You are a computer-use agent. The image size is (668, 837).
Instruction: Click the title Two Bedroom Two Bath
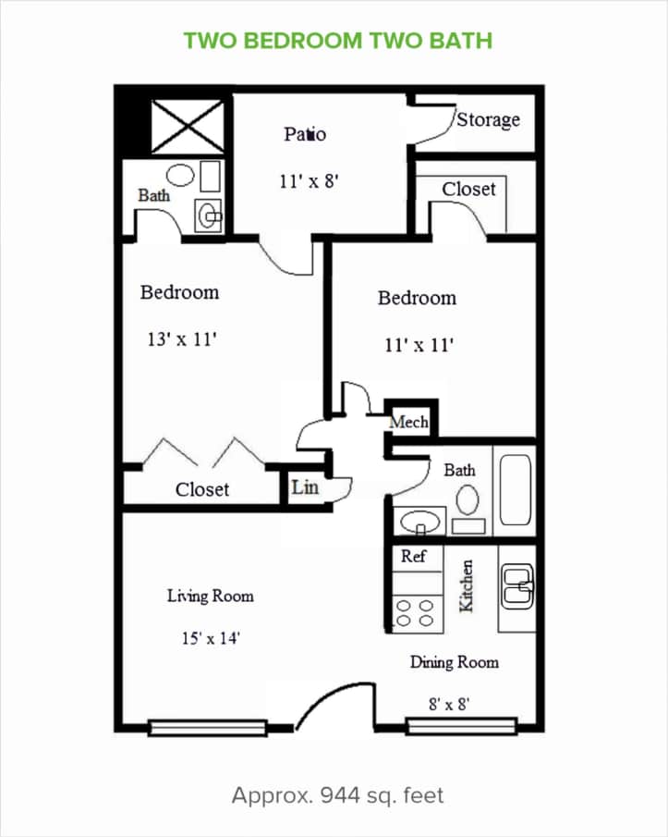(337, 41)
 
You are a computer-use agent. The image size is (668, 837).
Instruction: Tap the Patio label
(304, 134)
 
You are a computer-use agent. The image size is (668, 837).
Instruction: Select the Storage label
(488, 119)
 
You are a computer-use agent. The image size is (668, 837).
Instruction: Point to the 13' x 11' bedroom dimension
(181, 339)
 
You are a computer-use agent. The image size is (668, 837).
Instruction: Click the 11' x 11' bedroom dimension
(419, 346)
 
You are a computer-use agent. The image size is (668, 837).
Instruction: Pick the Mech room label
(408, 422)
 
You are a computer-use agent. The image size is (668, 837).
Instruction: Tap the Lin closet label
(304, 486)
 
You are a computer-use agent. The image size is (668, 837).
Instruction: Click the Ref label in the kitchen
(413, 557)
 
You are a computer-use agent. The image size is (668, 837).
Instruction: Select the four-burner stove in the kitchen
(415, 613)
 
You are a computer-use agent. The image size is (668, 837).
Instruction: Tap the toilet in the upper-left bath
(180, 174)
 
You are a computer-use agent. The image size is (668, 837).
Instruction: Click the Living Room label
(210, 597)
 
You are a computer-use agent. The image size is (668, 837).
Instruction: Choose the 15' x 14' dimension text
(211, 637)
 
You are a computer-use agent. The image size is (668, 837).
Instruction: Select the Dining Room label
(454, 662)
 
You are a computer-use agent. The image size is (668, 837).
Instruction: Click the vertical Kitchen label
(468, 585)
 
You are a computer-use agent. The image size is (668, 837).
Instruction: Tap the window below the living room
(207, 729)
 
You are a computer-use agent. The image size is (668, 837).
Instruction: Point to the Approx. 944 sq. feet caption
(337, 795)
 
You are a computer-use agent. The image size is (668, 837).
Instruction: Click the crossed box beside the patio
(188, 127)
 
